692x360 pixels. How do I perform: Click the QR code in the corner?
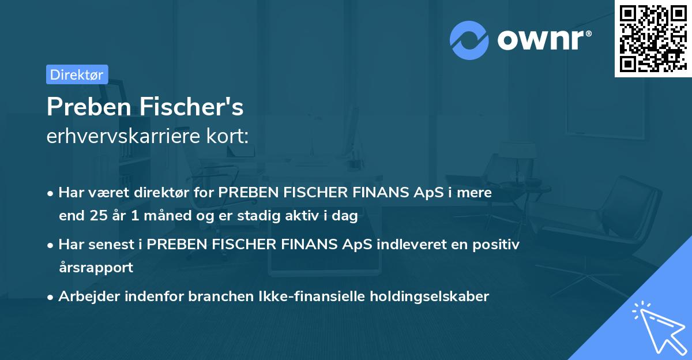pyautogui.click(x=653, y=38)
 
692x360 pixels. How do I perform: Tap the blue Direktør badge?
pyautogui.click(x=77, y=74)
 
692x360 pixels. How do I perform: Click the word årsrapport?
pyautogui.click(x=96, y=268)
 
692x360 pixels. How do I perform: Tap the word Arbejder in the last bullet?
pyautogui.click(x=85, y=297)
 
